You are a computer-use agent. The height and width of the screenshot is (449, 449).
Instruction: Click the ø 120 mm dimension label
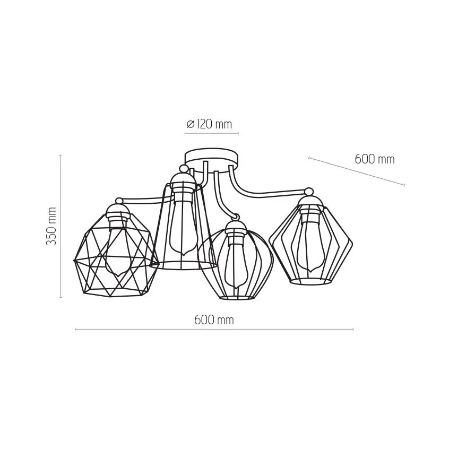[209, 124]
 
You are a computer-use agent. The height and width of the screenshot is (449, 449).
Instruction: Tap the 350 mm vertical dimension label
[51, 226]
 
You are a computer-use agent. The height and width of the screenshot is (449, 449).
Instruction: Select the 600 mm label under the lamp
[214, 320]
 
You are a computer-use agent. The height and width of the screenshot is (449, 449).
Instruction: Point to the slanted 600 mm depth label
[375, 159]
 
